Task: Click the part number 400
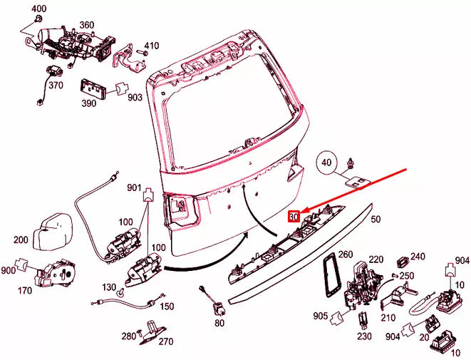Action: [39, 9]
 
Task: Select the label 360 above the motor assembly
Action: [86, 25]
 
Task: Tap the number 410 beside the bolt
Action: [151, 46]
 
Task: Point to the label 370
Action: [56, 86]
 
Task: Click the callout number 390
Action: [89, 103]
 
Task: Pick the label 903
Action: [135, 98]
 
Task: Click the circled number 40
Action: [326, 163]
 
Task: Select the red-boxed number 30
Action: [294, 217]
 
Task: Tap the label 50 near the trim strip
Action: [376, 219]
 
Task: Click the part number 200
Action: [21, 240]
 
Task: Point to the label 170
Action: [24, 291]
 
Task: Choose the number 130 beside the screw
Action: [109, 287]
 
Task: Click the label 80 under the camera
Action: [219, 323]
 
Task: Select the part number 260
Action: [346, 254]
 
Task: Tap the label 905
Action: [321, 316]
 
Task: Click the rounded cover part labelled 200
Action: [51, 231]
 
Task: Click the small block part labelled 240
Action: [403, 262]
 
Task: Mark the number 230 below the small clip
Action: [364, 336]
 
